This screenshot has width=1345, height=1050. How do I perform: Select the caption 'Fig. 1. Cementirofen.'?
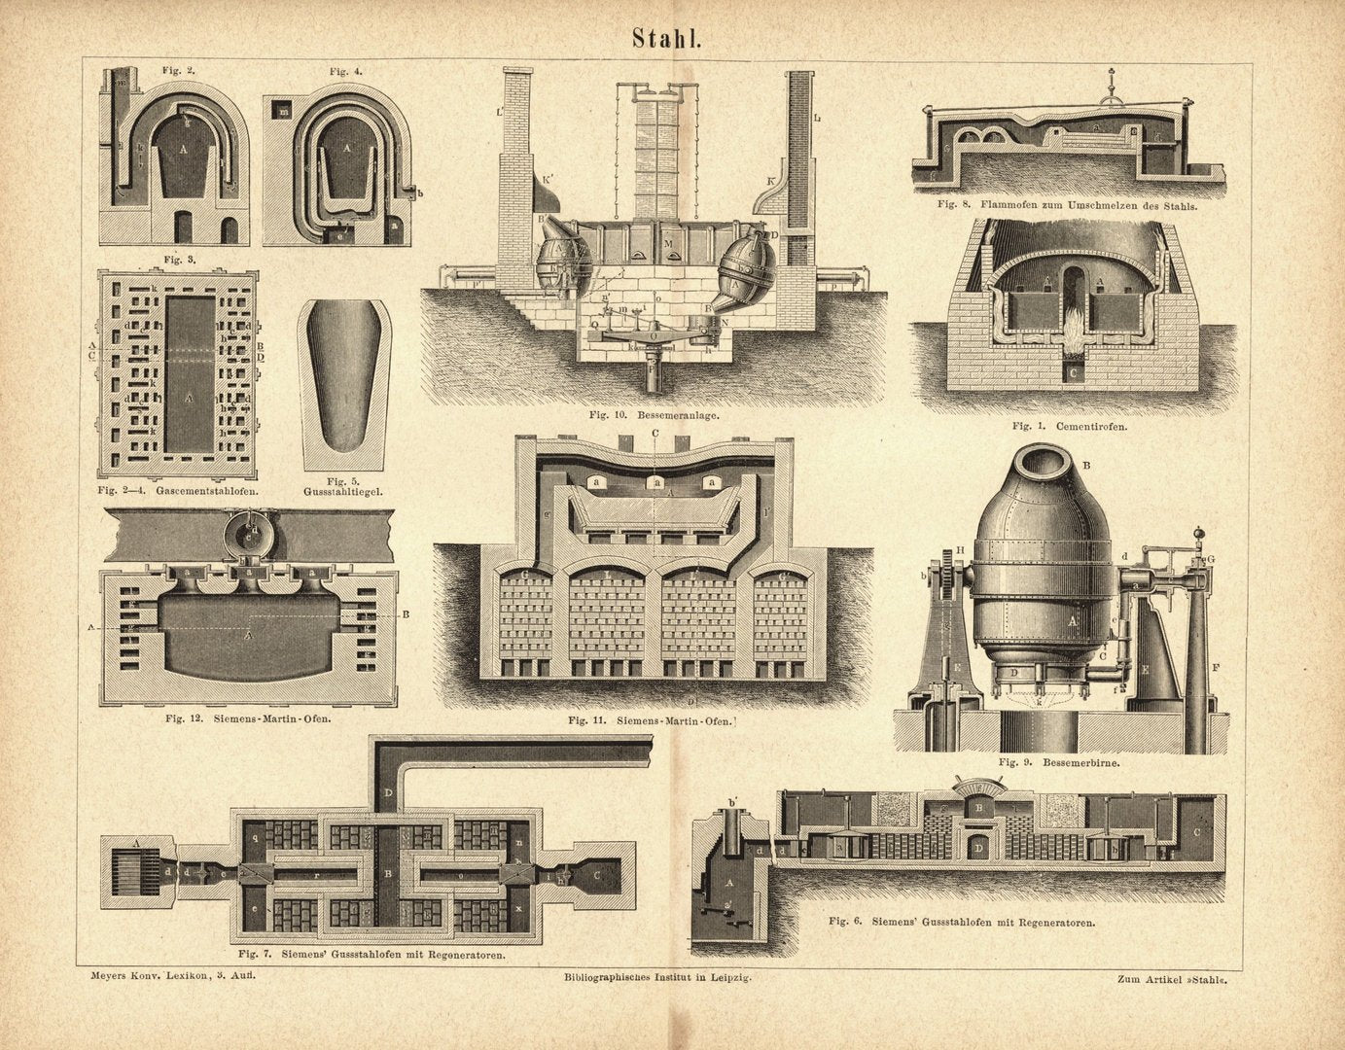pyautogui.click(x=1068, y=426)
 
